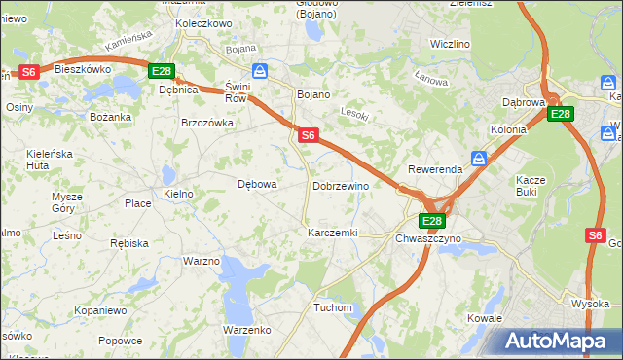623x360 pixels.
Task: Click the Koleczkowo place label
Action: point(202,22)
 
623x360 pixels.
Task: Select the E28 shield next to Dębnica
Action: point(162,71)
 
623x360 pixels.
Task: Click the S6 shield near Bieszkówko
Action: point(29,72)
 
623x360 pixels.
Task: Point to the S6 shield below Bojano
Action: point(308,135)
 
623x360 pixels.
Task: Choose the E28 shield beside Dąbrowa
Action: point(560,115)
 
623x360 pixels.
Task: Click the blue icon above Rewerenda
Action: point(479,158)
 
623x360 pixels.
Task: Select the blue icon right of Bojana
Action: point(260,70)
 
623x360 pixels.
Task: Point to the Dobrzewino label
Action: point(341,186)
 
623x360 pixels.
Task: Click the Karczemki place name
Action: point(333,234)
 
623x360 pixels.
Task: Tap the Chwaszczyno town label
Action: point(432,237)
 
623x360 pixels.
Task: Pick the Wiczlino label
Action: point(450,45)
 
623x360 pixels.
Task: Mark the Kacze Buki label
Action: point(531,186)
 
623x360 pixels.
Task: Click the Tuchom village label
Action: point(333,307)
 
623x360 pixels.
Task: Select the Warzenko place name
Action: point(246,330)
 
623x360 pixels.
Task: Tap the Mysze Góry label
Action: point(67,202)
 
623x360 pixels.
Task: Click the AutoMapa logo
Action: point(560,341)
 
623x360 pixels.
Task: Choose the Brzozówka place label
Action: point(207,123)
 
